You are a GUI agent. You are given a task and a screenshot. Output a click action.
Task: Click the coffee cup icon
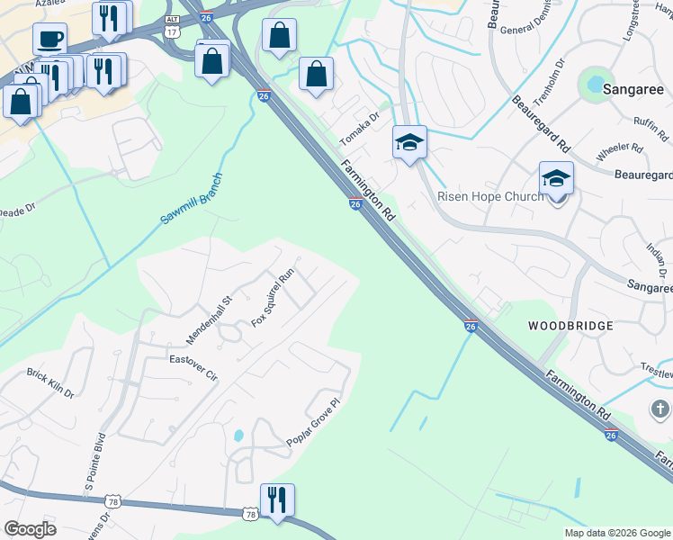tap(49, 40)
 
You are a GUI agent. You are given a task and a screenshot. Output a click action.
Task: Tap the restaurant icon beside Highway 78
tap(277, 499)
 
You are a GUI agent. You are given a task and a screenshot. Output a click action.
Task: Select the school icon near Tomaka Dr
tap(409, 142)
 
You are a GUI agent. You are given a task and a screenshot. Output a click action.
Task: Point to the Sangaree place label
tap(632, 89)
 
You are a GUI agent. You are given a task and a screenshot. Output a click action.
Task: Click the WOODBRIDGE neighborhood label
tap(570, 325)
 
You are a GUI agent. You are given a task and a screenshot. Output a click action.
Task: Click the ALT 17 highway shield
tap(170, 26)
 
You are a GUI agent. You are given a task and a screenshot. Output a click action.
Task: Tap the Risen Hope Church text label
tap(489, 196)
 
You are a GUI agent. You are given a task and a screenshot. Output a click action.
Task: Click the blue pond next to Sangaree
tap(594, 85)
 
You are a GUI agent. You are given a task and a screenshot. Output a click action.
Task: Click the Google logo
tap(30, 529)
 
